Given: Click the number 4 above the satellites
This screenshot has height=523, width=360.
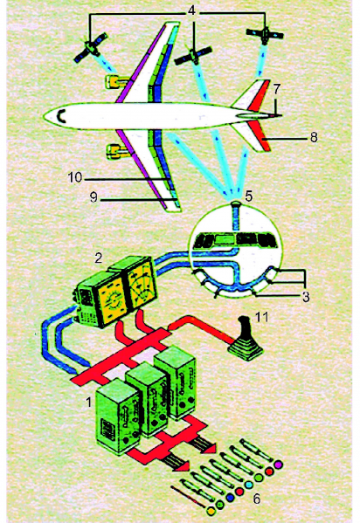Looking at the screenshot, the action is click(x=191, y=10).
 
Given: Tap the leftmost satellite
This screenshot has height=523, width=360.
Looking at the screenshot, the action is click(x=91, y=48).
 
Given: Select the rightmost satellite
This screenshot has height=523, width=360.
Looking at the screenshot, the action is click(x=265, y=35).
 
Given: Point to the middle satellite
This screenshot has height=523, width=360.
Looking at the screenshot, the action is click(x=193, y=55).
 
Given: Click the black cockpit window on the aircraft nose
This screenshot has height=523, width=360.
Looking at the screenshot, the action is click(x=61, y=116).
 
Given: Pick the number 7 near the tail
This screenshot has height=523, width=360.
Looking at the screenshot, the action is click(x=277, y=89).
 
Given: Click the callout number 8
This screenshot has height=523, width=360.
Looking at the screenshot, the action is click(x=313, y=137).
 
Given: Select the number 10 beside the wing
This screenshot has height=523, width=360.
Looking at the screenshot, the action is click(x=75, y=177).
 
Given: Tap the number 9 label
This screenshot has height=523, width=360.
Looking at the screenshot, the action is click(x=93, y=197).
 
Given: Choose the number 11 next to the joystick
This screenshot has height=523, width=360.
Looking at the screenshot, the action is click(x=262, y=317).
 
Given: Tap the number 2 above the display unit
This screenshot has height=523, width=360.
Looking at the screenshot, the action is click(x=98, y=258).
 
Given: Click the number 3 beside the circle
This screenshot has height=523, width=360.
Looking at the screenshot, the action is click(x=306, y=297).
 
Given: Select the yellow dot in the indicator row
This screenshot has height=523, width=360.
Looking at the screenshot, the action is click(x=211, y=510).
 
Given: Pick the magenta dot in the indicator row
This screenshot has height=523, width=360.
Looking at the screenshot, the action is click(x=278, y=464).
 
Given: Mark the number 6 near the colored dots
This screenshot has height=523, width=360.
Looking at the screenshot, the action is click(x=256, y=499).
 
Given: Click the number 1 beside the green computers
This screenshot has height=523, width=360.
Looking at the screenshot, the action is click(x=88, y=403).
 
